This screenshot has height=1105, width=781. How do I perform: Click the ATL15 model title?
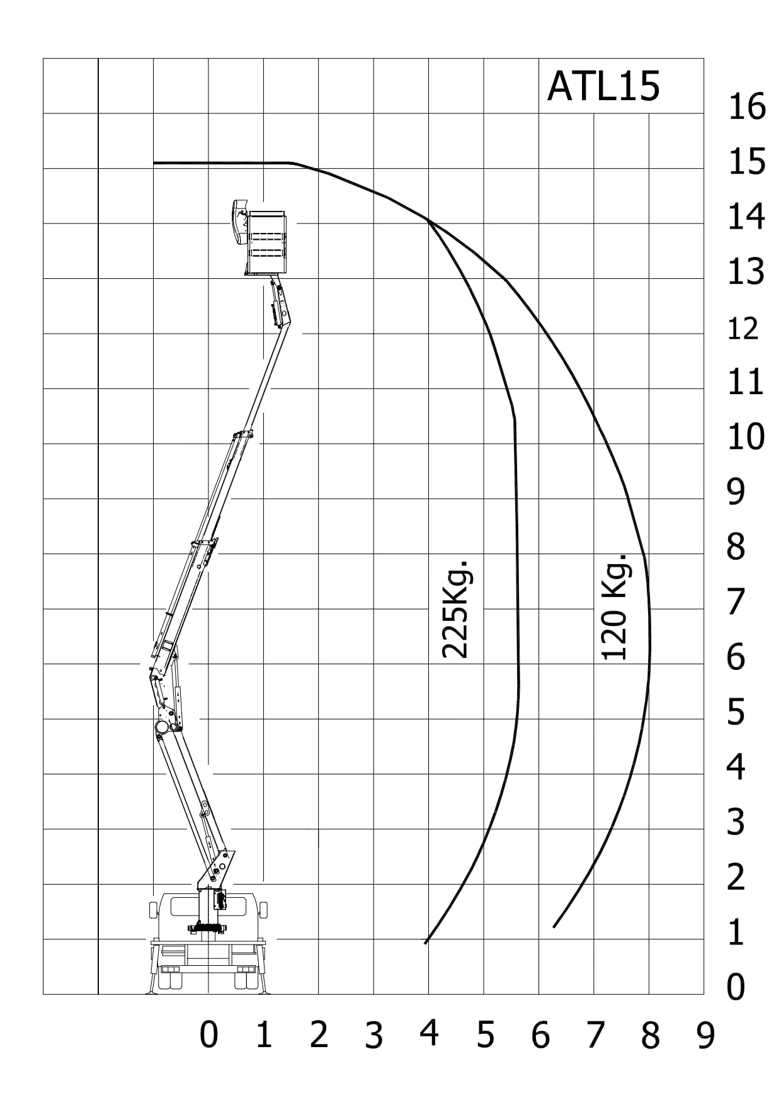coord(603,86)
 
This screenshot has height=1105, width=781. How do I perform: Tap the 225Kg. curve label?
coord(455,608)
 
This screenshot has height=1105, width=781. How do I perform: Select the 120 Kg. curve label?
coord(615,607)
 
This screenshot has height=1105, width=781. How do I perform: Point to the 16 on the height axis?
coord(747,106)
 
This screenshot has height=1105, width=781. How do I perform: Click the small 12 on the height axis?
coord(743,329)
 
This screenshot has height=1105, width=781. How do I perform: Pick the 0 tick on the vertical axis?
coord(736,987)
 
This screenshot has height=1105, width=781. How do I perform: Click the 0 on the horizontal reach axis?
coord(208,1034)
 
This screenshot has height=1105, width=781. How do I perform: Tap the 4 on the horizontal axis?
coord(429,1033)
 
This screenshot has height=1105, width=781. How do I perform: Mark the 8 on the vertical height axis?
coord(736,547)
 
